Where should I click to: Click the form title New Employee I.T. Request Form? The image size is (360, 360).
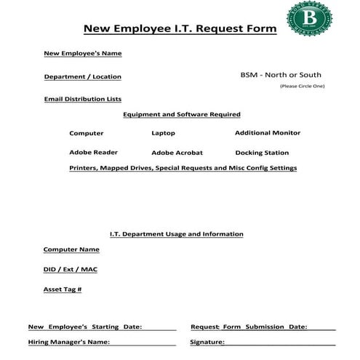180,29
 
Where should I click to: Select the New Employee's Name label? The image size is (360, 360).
82,53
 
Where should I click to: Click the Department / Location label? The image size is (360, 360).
82,76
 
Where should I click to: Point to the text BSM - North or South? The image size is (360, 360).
280,75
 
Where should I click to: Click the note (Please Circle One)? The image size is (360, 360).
302,87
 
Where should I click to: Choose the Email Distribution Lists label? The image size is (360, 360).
82,99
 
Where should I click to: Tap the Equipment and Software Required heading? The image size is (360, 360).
181,114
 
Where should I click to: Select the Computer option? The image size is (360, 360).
86,133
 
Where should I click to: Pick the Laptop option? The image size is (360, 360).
163,133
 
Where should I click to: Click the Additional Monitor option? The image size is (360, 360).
267,132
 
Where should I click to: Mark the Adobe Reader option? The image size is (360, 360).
93,152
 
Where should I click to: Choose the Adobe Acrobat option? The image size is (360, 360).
177,153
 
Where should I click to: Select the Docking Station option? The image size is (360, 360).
262,153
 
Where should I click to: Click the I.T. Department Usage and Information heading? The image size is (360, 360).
176,234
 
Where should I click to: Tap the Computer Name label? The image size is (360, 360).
71,249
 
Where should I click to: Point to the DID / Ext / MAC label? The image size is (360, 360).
70,270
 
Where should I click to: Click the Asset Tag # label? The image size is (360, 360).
63,289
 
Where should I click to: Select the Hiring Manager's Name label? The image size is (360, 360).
68,342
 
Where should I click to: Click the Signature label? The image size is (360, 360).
207,342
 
